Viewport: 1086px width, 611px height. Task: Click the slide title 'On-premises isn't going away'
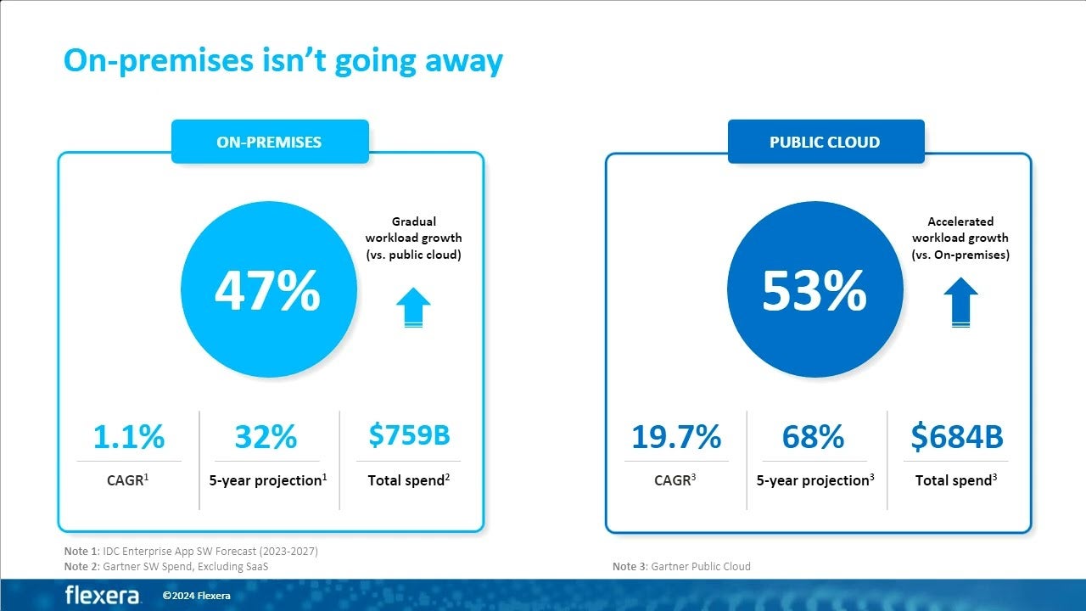(x=283, y=61)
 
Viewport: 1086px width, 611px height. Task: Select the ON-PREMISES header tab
(x=269, y=142)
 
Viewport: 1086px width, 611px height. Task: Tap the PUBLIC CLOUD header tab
(x=825, y=142)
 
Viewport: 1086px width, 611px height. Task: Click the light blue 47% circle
(x=267, y=292)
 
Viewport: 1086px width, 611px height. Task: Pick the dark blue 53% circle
(x=814, y=292)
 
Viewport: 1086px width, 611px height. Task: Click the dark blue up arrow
(x=960, y=302)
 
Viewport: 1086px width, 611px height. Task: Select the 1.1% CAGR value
(x=129, y=436)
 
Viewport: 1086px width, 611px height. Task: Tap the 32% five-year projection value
(x=266, y=436)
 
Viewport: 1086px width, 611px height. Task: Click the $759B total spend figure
(x=409, y=434)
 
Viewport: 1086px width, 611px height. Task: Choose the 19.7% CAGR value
(x=676, y=436)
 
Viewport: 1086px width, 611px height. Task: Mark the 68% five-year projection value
(x=813, y=436)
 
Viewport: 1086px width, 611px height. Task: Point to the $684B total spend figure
(x=957, y=436)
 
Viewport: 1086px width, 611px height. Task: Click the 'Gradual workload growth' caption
(x=413, y=238)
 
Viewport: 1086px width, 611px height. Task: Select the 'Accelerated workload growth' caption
(x=960, y=238)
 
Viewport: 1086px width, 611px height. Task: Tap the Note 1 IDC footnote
(x=191, y=552)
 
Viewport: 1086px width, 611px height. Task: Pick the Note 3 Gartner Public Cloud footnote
(x=681, y=566)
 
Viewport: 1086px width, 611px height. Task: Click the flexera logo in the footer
(x=103, y=595)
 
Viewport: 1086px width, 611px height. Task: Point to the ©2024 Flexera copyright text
(x=196, y=596)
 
